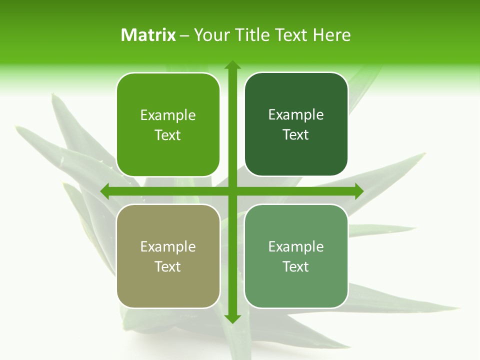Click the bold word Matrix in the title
click(x=148, y=35)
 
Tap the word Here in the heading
click(x=331, y=35)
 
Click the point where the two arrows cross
click(x=232, y=191)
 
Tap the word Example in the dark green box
click(x=296, y=115)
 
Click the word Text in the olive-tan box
click(x=168, y=266)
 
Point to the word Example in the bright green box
click(x=168, y=115)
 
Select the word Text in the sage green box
click(x=296, y=266)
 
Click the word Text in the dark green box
click(x=296, y=134)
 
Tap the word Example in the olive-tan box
click(x=168, y=246)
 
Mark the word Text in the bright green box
click(x=168, y=135)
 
